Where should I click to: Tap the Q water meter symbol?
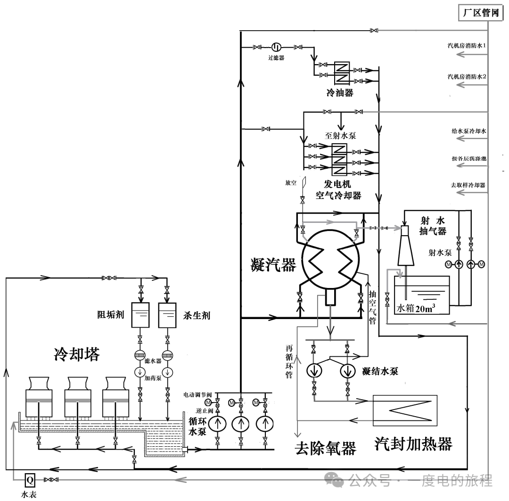[x=30, y=480]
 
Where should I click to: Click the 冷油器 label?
[x=340, y=93]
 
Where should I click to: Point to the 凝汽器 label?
[x=273, y=266]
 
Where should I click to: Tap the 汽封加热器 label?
[x=413, y=444]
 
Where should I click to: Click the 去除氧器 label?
[x=325, y=447]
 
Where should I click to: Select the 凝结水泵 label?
[x=380, y=371]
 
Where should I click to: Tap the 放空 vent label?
[x=291, y=182]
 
